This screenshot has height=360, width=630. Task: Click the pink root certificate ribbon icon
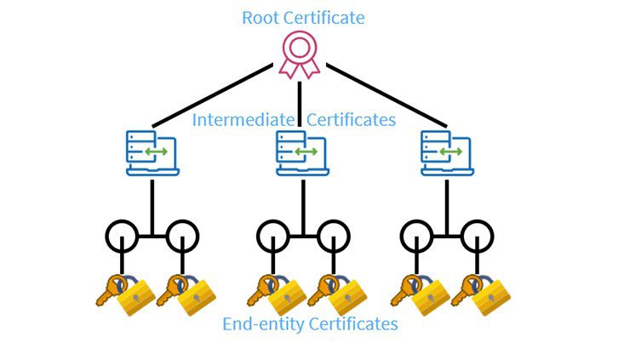[300, 55]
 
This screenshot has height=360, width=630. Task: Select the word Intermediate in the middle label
[243, 120]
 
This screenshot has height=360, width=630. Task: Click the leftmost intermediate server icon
[152, 153]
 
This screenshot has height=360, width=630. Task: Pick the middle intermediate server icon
[302, 153]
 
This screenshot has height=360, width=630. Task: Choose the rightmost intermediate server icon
[447, 153]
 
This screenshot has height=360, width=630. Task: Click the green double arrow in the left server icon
[157, 151]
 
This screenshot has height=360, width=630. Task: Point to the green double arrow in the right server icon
[451, 151]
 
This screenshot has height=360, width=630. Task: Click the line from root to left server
[212, 94]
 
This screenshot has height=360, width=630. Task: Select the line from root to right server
[387, 94]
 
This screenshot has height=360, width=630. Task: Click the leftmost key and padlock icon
[126, 295]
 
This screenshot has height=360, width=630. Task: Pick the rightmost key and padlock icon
[481, 295]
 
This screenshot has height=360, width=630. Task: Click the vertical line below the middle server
[303, 208]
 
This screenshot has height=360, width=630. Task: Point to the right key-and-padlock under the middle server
[337, 295]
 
